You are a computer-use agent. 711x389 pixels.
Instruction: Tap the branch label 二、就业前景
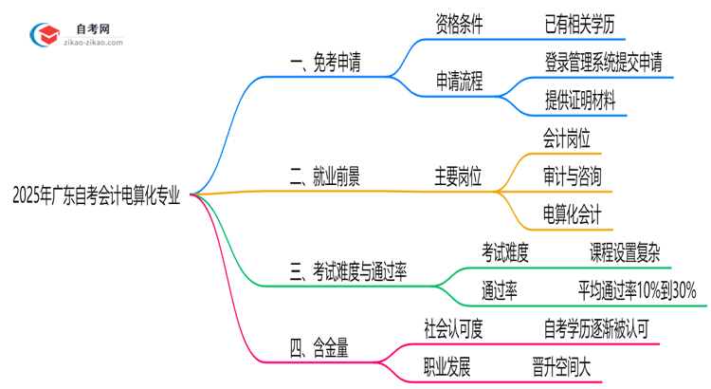(324, 176)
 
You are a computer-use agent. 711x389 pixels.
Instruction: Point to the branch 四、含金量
(319, 350)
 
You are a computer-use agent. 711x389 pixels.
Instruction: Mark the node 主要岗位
(459, 176)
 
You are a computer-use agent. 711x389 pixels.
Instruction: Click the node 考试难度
(504, 253)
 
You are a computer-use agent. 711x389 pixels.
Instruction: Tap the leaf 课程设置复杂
(626, 253)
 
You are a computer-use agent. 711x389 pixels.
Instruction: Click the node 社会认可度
(454, 329)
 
